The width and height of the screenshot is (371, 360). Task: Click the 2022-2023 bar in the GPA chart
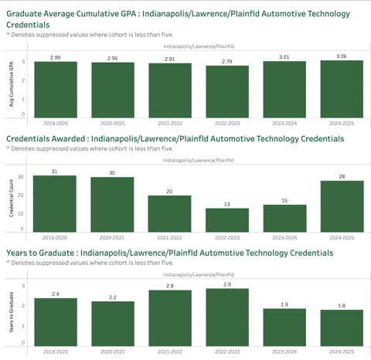coord(227,92)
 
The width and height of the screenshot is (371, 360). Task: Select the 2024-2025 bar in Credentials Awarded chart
coord(342,206)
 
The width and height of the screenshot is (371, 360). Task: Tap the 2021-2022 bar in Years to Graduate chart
coord(170,318)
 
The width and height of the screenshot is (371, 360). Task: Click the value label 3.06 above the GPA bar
coord(342,56)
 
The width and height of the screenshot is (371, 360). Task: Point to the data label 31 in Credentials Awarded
coord(54,172)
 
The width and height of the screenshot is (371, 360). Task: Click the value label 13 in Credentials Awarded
coord(226,204)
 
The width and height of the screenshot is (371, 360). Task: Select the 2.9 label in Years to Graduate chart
coord(227,284)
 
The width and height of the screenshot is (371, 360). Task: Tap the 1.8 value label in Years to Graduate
coord(342,306)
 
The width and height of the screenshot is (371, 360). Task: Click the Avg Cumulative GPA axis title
coord(12,84)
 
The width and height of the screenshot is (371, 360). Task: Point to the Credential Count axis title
coord(12,198)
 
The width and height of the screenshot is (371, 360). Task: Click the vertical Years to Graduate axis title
coord(12,312)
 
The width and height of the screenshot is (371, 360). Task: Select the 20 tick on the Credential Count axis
coord(21,195)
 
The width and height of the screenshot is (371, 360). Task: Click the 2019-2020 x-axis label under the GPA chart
coord(56,124)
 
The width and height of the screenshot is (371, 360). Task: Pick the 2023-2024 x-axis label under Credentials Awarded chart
coord(284,238)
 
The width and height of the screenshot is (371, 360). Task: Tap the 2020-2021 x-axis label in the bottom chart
coord(113,352)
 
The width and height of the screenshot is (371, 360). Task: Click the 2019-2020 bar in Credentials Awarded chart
coord(55,204)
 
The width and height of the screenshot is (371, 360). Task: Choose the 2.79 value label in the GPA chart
coord(227,62)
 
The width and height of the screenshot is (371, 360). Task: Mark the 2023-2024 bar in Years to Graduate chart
coord(284,328)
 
